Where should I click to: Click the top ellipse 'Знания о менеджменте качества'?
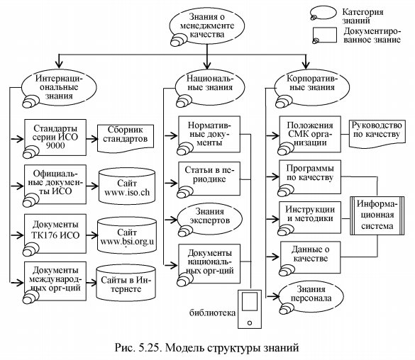point(207,26)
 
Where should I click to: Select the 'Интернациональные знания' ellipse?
point(59,87)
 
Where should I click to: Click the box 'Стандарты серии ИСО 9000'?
point(55,137)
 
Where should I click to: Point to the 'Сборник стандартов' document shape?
point(126,138)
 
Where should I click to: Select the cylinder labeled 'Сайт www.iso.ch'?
point(127,186)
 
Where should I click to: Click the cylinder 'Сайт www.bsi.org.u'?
point(127,236)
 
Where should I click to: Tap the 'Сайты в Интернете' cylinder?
point(126,283)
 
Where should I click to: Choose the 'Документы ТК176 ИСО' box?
point(55,234)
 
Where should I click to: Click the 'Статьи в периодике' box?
point(209,179)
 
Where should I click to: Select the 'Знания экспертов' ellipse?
point(209,219)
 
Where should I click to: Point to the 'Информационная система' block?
point(377,215)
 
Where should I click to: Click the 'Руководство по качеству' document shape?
point(377,133)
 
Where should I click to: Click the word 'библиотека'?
point(213,313)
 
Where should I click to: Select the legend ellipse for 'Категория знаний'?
point(323,13)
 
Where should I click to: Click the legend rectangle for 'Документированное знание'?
point(325,35)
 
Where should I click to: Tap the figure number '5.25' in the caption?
point(149,347)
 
